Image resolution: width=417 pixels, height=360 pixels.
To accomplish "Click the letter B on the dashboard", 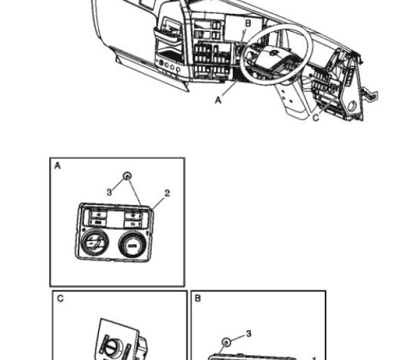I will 247,23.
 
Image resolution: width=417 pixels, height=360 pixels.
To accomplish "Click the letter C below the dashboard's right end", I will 316,118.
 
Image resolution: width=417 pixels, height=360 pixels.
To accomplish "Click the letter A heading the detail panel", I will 58,166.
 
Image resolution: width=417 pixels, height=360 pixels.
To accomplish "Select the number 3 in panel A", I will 109,192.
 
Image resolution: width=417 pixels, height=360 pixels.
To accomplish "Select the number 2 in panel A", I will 166,194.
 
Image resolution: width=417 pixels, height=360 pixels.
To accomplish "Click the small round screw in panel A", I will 127,176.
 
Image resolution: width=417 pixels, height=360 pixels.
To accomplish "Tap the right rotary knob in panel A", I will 132,245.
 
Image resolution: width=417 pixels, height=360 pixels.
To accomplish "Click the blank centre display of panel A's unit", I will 116,217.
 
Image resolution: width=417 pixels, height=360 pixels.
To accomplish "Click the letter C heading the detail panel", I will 60,299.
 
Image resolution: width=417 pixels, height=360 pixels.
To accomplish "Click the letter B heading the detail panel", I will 198,299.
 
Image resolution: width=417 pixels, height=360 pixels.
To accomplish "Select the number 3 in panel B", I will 248,334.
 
